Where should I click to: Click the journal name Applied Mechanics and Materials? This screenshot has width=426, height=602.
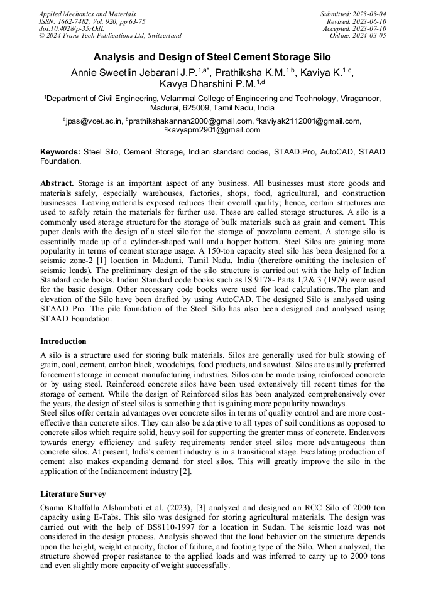click(x=87, y=13)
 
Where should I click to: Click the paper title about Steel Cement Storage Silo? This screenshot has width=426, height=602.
click(x=212, y=56)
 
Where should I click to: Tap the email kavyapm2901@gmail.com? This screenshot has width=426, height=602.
click(x=213, y=130)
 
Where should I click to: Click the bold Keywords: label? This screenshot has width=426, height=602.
click(x=60, y=152)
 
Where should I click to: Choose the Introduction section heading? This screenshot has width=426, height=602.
click(x=63, y=341)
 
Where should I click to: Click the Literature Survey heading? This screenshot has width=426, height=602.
click(x=73, y=494)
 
